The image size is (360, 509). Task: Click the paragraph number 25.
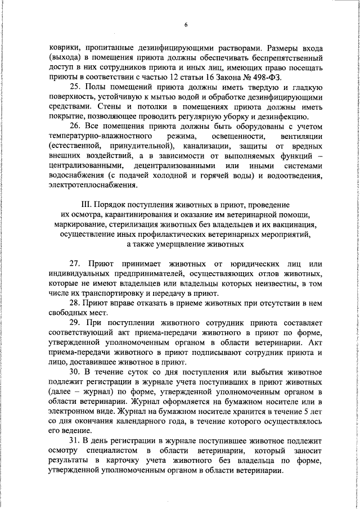pyautogui.click(x=75, y=87)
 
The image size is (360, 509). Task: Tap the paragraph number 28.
pyautogui.click(x=75, y=303)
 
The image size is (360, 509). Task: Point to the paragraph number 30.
pyautogui.click(x=75, y=372)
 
